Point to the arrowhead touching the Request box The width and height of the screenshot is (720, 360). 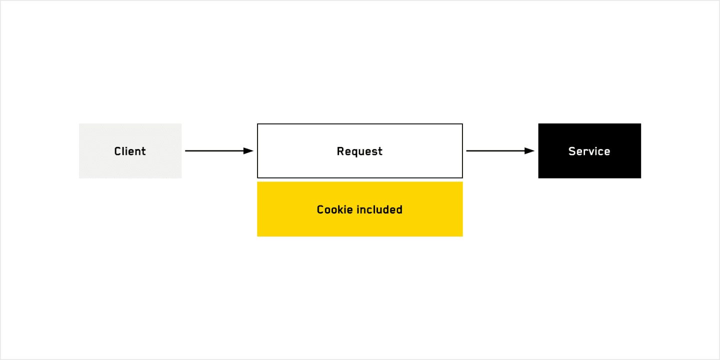[x=249, y=150]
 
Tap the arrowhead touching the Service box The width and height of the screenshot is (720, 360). [x=530, y=150]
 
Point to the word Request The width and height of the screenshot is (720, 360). [x=359, y=151]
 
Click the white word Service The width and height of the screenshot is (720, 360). [x=589, y=151]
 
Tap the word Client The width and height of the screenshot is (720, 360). [x=130, y=151]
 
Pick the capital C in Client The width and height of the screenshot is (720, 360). [x=118, y=151]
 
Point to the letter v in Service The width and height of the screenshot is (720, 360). [x=590, y=152]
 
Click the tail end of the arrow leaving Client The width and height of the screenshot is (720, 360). [x=186, y=150]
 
